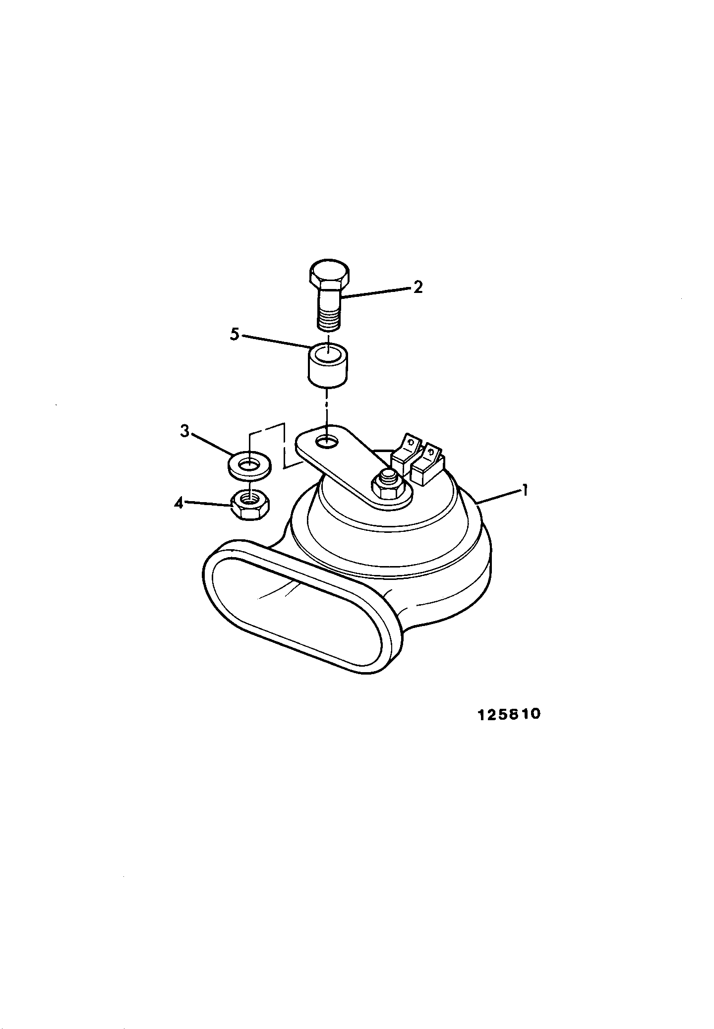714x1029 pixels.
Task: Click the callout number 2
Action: (x=418, y=287)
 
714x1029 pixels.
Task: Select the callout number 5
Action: (x=235, y=334)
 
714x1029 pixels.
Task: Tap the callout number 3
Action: (x=184, y=432)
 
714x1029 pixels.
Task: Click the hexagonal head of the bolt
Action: (x=329, y=275)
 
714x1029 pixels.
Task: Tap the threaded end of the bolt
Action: (x=329, y=320)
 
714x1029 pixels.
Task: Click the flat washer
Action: (x=249, y=466)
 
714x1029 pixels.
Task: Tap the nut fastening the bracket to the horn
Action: (x=388, y=486)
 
